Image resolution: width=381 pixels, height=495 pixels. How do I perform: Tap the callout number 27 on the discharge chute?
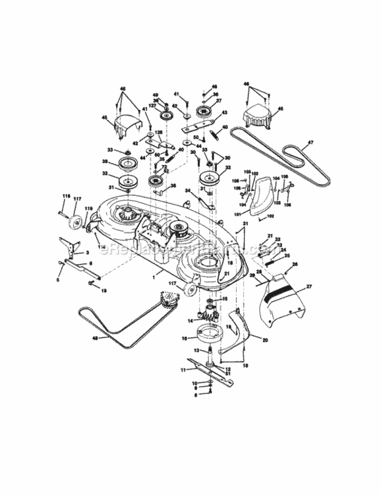(309, 287)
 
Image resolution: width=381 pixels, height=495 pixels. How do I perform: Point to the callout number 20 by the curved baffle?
(265, 341)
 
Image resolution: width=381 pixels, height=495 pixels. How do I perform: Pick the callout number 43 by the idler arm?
(224, 112)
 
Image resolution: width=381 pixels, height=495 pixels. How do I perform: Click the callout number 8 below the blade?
(195, 396)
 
